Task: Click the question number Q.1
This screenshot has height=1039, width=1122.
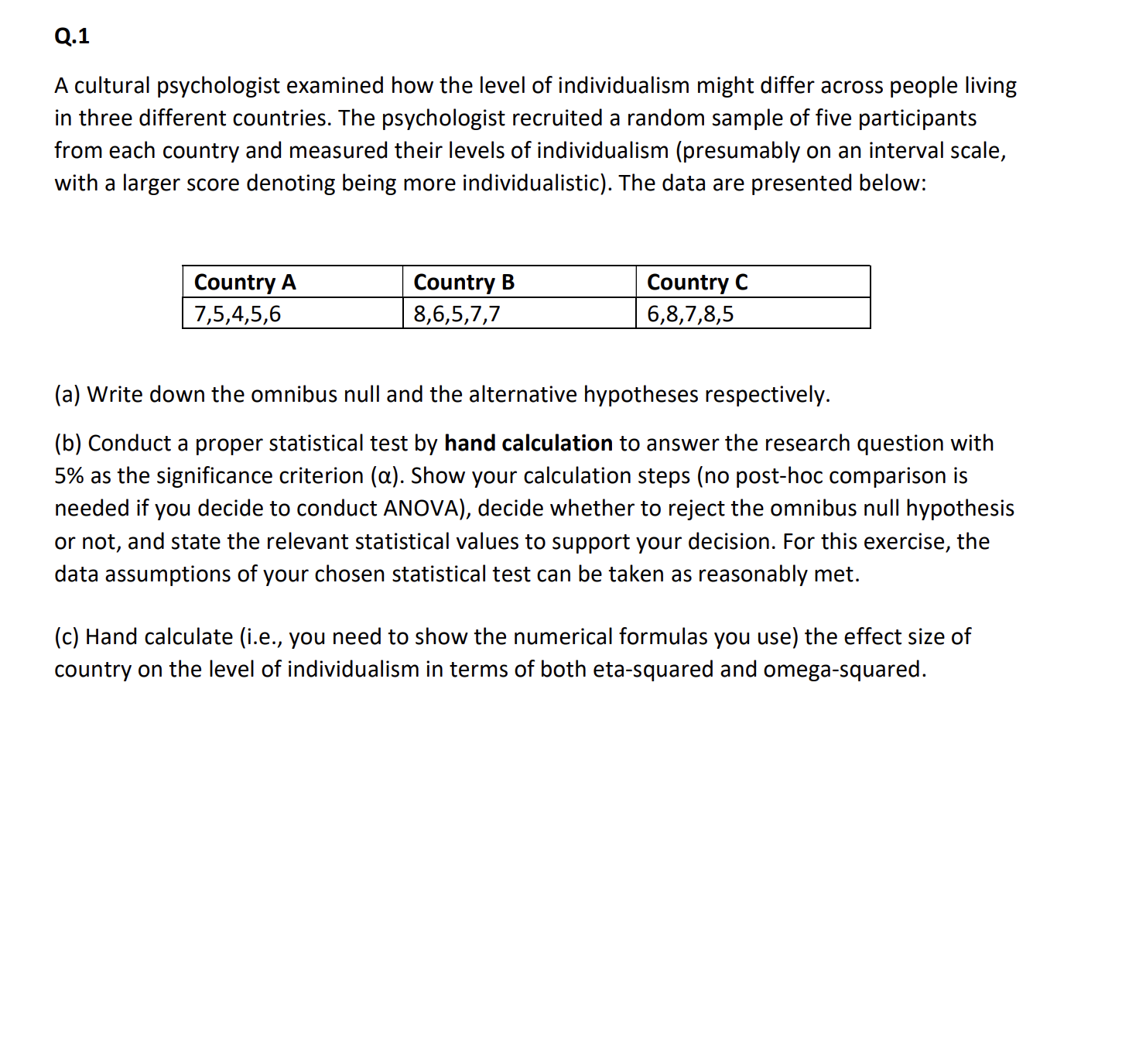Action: [x=72, y=36]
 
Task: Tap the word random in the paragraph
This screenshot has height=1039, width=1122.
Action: [x=676, y=118]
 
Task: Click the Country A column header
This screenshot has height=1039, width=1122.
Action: [x=245, y=282]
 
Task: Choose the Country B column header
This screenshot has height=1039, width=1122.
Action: [x=464, y=282]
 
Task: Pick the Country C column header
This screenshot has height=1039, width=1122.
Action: [x=697, y=282]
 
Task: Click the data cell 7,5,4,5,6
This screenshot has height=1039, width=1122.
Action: [x=238, y=314]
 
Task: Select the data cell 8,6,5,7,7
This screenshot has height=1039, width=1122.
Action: [x=457, y=314]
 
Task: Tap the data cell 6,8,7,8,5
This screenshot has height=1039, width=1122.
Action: [x=690, y=314]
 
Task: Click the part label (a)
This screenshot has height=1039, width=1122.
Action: [x=67, y=395]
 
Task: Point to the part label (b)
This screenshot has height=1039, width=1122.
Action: [x=68, y=444]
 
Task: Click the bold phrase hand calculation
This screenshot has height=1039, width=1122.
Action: [x=529, y=444]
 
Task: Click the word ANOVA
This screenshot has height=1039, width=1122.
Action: [x=423, y=509]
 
